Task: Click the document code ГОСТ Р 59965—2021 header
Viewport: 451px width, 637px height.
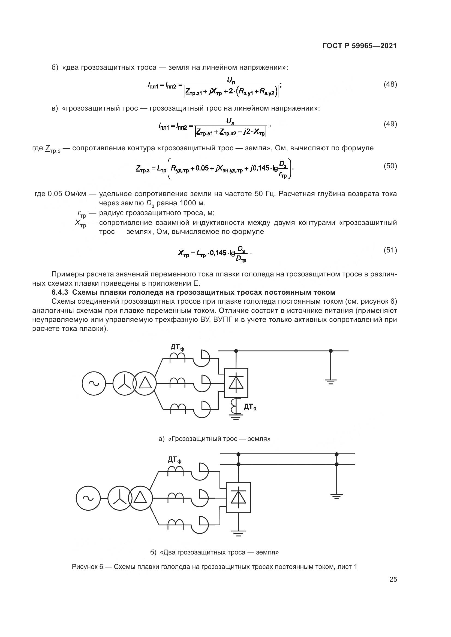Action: pos(359,46)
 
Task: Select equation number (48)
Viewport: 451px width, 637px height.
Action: pos(390,84)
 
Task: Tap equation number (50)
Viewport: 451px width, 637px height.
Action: pos(390,166)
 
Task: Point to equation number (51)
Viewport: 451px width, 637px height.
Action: pos(390,250)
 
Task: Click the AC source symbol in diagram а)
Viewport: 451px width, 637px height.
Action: pos(94,383)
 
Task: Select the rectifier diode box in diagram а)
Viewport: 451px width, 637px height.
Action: pos(236,383)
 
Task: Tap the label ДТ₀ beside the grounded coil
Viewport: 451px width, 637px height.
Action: pos(250,407)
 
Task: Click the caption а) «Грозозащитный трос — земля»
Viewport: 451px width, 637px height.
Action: pos(214,439)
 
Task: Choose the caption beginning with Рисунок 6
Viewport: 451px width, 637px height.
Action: pos(214,566)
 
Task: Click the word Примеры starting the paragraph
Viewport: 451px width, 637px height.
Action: pos(68,274)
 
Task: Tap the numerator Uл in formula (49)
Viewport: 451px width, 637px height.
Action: pos(230,121)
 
